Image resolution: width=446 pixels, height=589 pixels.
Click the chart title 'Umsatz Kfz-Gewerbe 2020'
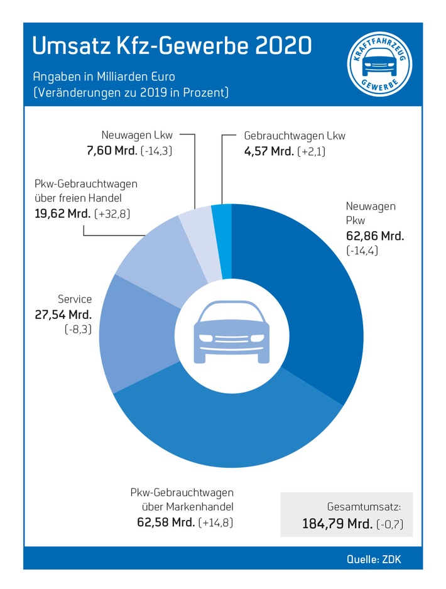(171, 46)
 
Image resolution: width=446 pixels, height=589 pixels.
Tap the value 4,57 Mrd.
(268, 151)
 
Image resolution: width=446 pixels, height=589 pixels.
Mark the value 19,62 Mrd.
(61, 214)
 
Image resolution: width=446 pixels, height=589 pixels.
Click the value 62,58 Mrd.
(165, 522)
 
